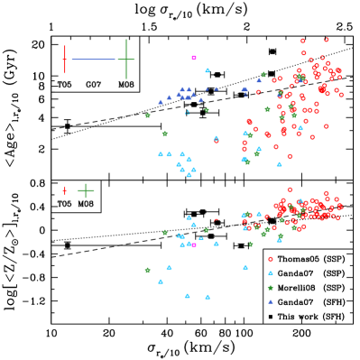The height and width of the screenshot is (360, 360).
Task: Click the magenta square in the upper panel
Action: [193, 58]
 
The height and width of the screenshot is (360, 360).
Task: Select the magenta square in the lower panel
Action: [193, 245]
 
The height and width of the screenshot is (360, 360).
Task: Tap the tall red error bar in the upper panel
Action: [65, 60]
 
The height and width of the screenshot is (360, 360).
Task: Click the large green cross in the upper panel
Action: [126, 60]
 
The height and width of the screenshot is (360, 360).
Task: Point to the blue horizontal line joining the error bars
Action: [94, 60]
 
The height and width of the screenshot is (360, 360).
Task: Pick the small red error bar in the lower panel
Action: [64, 190]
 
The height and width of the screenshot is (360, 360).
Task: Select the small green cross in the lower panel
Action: [86, 190]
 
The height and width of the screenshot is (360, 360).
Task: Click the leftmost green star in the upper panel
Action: [148, 115]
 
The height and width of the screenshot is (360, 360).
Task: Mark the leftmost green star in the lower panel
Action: [148, 270]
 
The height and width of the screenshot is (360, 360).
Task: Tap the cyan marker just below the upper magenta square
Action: [208, 70]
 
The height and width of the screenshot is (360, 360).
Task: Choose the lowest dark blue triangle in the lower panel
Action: [270, 301]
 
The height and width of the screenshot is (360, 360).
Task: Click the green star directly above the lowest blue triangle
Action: [270, 288]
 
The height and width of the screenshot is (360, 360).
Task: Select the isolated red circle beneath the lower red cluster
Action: [270, 259]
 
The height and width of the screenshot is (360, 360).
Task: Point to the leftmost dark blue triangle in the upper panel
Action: [161, 102]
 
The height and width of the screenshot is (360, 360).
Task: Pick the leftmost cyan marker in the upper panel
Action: [161, 154]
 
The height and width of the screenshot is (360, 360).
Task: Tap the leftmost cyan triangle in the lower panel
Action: [161, 282]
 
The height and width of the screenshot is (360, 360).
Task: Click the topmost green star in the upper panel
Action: [263, 75]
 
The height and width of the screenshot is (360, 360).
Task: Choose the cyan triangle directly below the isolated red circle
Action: [270, 272]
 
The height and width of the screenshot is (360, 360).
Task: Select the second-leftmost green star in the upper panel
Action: [164, 134]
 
